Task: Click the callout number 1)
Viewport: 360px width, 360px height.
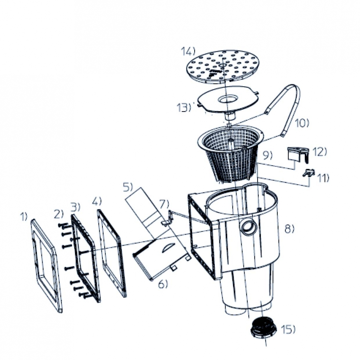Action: pyautogui.click(x=24, y=216)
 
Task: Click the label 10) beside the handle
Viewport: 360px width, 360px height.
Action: pyautogui.click(x=302, y=123)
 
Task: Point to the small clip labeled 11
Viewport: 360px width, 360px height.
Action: pyautogui.click(x=308, y=173)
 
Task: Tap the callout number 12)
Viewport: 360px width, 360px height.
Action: pyautogui.click(x=320, y=152)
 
